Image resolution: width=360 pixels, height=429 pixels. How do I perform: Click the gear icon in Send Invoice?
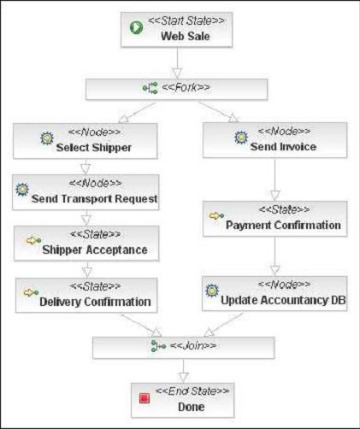click(242, 137)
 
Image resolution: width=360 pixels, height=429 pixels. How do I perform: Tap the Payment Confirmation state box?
click(274, 220)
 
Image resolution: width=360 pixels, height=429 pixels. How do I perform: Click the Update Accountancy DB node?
click(274, 295)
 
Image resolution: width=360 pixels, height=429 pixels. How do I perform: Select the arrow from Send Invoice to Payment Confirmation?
click(274, 179)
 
